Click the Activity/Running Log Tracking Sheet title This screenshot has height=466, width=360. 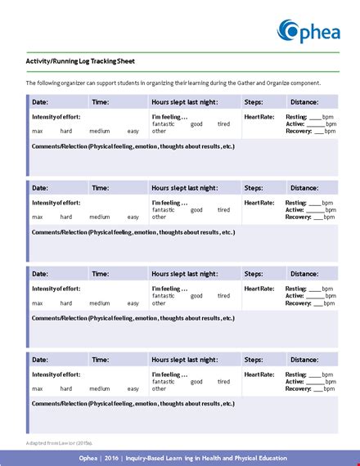click(81, 62)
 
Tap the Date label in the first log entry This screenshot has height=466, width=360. click(40, 102)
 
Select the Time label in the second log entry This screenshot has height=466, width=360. click(101, 188)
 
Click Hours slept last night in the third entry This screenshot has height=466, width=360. click(184, 274)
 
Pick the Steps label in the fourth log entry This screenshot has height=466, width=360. click(254, 360)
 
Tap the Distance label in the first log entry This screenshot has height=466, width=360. click(304, 102)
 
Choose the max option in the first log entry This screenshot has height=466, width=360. click(38, 132)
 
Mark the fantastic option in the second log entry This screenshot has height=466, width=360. click(164, 210)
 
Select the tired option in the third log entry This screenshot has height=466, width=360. click(223, 296)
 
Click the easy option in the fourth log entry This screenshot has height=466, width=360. click(133, 388)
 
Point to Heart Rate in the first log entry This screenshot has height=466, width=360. click(259, 117)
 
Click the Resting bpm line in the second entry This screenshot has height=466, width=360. click(309, 203)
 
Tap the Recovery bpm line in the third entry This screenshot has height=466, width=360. click(309, 303)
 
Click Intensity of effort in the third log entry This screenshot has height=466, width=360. click(56, 289)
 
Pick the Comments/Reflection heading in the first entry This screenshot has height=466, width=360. click(133, 146)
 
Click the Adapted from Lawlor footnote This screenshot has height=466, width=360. click(58, 442)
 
